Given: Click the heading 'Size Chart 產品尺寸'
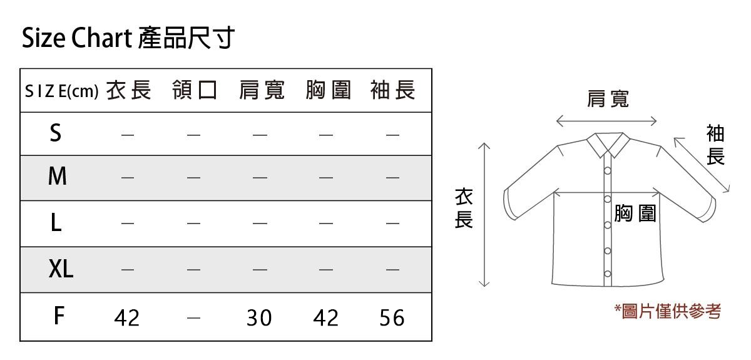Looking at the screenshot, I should point(128,38).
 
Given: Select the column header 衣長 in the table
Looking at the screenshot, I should point(128,91).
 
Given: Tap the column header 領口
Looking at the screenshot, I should point(195,91).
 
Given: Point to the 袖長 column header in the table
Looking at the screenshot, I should point(392,91).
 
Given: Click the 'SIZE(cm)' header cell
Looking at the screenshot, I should point(61,92).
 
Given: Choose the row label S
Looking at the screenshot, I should point(56,133).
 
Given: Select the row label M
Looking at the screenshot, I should point(57,177).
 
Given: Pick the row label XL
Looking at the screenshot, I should point(61,269).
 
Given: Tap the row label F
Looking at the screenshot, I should point(58,316).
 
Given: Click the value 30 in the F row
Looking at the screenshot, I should point(259,318).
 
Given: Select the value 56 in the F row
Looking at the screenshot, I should point(392,318).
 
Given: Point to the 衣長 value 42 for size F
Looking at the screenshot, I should point(127,318).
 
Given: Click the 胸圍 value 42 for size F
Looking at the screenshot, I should point(325,318).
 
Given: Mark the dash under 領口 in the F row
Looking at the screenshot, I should point(193,318).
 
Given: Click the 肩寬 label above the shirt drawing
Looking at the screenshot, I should point(608,98).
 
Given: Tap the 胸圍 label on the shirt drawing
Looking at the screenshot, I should point(635,213).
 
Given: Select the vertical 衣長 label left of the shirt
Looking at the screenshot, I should point(463,208).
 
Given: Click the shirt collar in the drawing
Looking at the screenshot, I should point(608,145).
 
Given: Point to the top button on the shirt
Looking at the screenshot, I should point(607,171).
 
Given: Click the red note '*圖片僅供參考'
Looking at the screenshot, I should point(667,311).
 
